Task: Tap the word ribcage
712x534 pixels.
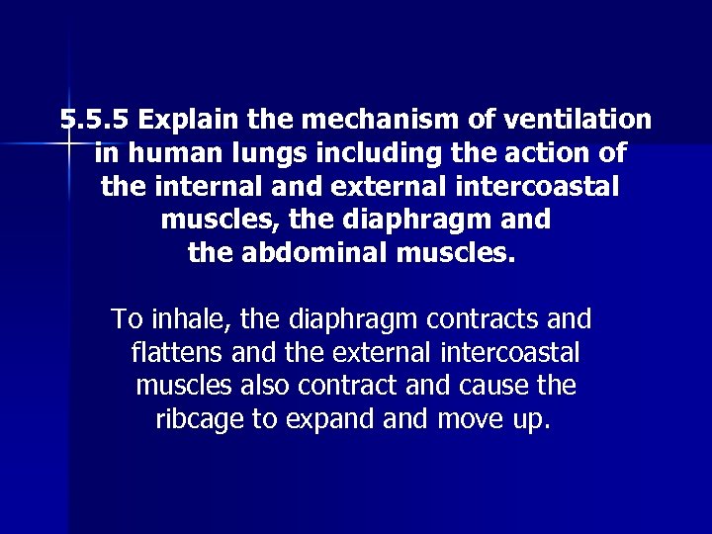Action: (201, 419)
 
